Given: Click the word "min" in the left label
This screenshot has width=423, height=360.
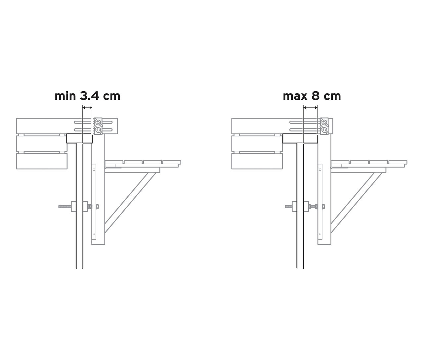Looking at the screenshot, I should pyautogui.click(x=65, y=96).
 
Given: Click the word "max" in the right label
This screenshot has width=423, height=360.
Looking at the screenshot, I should pyautogui.click(x=293, y=96).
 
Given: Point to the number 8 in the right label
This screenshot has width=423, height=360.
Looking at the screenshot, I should pyautogui.click(x=315, y=96).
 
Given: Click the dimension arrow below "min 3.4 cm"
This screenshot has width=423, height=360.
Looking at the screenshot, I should pyautogui.click(x=87, y=107).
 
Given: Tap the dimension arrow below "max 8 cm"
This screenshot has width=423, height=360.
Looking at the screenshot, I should pyautogui.click(x=311, y=107).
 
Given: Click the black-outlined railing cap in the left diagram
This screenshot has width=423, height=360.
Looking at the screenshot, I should pyautogui.click(x=80, y=139).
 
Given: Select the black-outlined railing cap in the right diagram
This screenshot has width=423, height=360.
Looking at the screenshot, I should pyautogui.click(x=300, y=139).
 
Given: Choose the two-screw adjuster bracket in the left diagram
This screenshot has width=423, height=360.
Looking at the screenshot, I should pyautogui.click(x=98, y=126).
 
